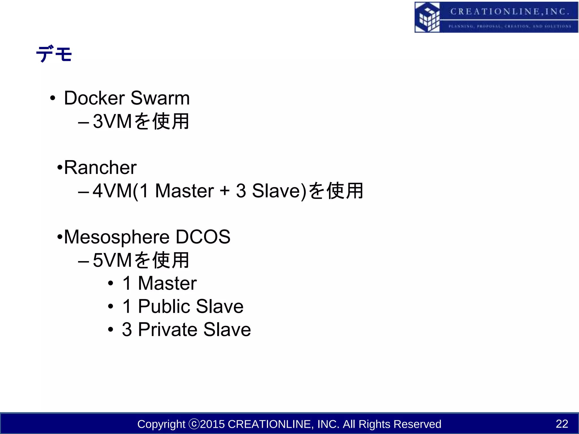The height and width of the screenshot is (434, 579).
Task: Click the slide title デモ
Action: coord(54,54)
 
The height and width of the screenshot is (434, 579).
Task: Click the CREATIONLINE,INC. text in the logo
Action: coord(509,12)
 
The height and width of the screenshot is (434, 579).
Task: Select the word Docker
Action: coord(94,98)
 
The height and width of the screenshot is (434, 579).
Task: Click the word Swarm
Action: coord(160,98)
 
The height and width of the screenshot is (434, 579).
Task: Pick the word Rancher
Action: coord(100,168)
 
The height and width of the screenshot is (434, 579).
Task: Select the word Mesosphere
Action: coord(116,237)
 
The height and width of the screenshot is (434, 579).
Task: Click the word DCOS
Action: coord(203,237)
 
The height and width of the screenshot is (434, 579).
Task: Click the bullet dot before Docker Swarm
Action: coord(52,99)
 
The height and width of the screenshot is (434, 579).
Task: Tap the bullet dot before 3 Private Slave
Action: coord(111,330)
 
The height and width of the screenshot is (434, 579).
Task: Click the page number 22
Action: coord(562,424)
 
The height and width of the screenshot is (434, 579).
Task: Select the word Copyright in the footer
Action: coord(161,424)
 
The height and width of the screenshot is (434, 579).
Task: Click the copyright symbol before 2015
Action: coord(194,424)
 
